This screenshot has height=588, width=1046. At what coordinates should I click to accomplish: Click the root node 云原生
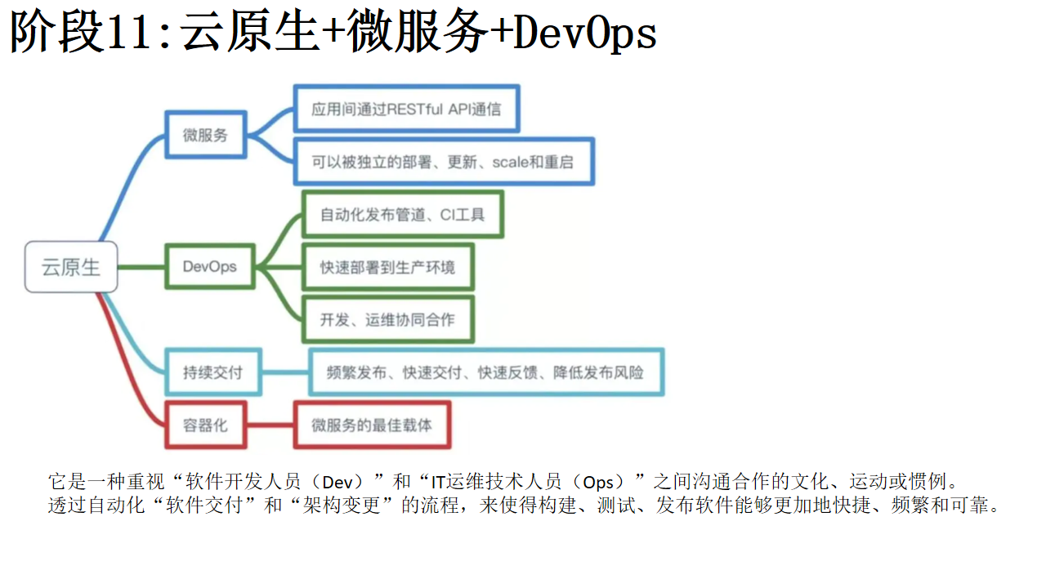[x=71, y=267]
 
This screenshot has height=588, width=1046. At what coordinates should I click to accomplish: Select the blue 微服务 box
[x=205, y=135]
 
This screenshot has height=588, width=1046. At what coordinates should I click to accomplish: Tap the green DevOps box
[x=210, y=266]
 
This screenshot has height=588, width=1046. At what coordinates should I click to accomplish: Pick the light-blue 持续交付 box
[x=213, y=372]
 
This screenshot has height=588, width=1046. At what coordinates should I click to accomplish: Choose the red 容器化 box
[x=205, y=425]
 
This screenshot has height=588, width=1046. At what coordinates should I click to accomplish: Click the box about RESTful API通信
[x=406, y=109]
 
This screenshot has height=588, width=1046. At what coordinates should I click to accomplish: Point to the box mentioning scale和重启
[x=444, y=162]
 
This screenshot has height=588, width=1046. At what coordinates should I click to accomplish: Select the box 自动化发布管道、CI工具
[x=403, y=214]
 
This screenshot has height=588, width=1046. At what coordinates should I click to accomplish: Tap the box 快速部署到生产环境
[x=388, y=267]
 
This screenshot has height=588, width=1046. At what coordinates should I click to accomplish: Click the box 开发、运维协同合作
[x=388, y=319]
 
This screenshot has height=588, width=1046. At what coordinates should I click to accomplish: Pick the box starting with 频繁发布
[x=486, y=372]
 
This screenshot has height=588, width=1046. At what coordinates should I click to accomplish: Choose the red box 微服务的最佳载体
[x=372, y=425]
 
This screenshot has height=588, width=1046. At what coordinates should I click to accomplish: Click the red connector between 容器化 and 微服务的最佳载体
[x=270, y=425]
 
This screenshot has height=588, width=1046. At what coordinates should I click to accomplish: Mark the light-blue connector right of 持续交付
[x=285, y=372]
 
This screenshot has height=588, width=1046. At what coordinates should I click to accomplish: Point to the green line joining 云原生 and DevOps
[x=141, y=267]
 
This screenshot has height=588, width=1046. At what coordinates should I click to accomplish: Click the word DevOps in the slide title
[x=584, y=33]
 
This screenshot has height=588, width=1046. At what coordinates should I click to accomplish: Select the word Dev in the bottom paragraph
[x=337, y=482]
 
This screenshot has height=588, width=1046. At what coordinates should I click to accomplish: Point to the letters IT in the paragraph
[x=437, y=482]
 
